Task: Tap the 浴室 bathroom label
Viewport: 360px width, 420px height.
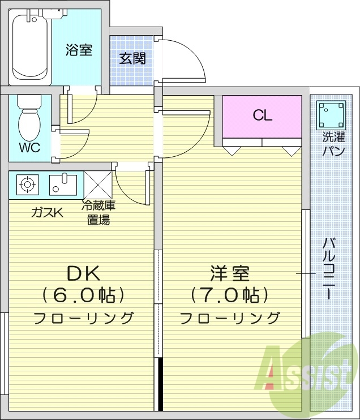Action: (x=78, y=50)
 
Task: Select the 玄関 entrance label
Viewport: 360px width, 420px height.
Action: (x=132, y=58)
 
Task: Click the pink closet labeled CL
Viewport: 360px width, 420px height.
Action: (x=262, y=116)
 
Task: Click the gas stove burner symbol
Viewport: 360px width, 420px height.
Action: (x=26, y=184)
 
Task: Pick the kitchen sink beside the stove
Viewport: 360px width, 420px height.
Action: (x=62, y=184)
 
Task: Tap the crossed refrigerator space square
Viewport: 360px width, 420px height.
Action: (x=97, y=184)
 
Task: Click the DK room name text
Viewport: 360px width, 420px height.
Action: (x=83, y=273)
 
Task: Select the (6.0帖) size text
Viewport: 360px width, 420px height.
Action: (x=83, y=295)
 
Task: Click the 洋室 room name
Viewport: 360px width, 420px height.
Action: (x=229, y=273)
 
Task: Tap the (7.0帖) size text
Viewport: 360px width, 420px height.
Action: (x=229, y=295)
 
